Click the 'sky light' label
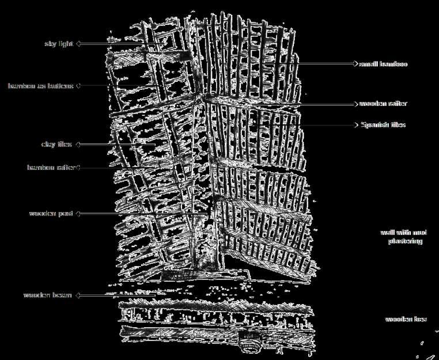pyautogui.click(x=59, y=43)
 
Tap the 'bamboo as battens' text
pyautogui.click(x=40, y=86)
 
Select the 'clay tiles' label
pyautogui.click(x=57, y=144)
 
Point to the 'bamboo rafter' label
pyautogui.click(x=51, y=168)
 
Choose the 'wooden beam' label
pyautogui.click(x=48, y=295)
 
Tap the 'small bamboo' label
pyautogui.click(x=384, y=64)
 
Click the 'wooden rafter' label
pyautogui.click(x=384, y=104)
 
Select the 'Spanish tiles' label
pyautogui.click(x=383, y=124)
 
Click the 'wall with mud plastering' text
pyautogui.click(x=404, y=237)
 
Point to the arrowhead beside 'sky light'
pyautogui.click(x=78, y=43)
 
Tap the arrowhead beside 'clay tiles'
pyautogui.click(x=78, y=144)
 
